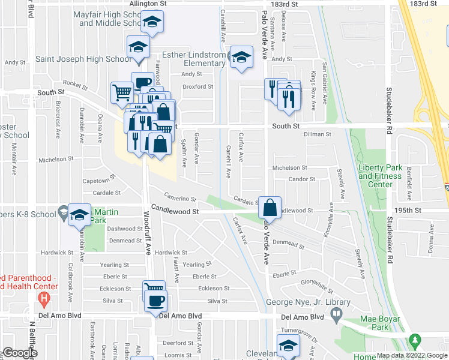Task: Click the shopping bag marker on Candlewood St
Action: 270,208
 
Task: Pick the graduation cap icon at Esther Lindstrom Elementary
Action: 241,57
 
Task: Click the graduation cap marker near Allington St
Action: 152,23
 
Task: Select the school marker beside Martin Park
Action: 79,215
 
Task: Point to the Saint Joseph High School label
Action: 82,59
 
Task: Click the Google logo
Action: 20,353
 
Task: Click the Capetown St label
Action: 98,180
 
